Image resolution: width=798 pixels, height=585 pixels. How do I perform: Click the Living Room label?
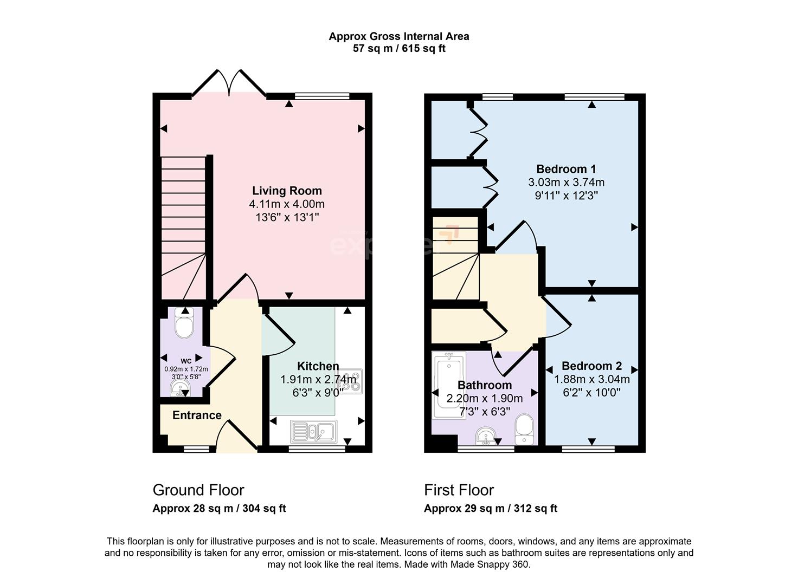tap(287, 191)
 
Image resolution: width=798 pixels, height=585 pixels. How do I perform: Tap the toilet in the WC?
tap(184, 326)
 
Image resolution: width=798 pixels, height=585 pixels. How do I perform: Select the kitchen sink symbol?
tap(314, 431)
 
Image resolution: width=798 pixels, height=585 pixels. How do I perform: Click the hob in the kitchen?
tap(352, 381)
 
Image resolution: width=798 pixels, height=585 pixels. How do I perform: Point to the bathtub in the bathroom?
tap(448, 385)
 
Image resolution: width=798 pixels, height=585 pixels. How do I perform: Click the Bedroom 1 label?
tap(566, 169)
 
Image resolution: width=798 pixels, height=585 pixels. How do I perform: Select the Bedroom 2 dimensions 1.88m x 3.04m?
tap(591, 379)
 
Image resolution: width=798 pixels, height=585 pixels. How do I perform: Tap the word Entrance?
tap(197, 415)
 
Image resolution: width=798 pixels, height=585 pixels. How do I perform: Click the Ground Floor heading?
tap(198, 490)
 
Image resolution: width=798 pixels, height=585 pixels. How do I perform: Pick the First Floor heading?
tap(459, 490)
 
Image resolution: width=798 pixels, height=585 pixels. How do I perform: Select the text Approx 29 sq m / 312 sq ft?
tap(490, 509)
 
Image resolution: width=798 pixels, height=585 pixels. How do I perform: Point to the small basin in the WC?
tap(179, 388)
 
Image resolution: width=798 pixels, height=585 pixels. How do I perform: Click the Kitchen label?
tap(318, 366)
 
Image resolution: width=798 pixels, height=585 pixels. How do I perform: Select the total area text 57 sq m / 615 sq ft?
tap(399, 49)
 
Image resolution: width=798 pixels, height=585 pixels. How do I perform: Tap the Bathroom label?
tap(484, 385)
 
